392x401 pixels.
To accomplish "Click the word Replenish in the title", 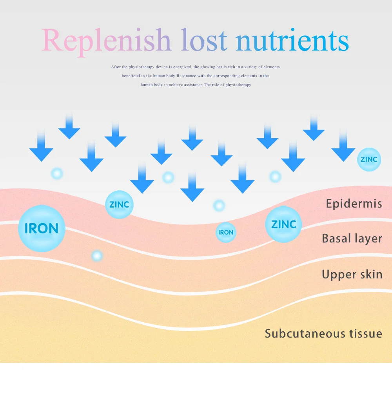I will (x=106, y=40).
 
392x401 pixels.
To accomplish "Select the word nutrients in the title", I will (x=292, y=40).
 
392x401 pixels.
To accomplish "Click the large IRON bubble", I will (x=42, y=228).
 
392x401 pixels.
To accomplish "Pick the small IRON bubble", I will (x=226, y=232).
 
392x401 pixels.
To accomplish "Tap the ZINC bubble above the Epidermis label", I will (x=369, y=159).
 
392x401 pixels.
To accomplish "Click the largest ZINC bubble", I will (x=283, y=224).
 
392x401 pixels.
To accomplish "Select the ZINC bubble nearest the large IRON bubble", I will (x=119, y=204).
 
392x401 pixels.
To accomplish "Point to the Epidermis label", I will (x=354, y=204).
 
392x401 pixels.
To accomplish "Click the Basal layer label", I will (x=352, y=238).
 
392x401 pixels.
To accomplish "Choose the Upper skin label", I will (x=352, y=275).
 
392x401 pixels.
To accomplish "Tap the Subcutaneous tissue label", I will (x=323, y=334).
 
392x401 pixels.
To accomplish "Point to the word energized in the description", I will (x=180, y=67).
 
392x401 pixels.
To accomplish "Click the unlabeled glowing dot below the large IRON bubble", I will (x=97, y=256).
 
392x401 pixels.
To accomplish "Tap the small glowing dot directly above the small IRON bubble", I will (x=219, y=205).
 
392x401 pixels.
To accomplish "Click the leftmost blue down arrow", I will (x=41, y=147).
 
